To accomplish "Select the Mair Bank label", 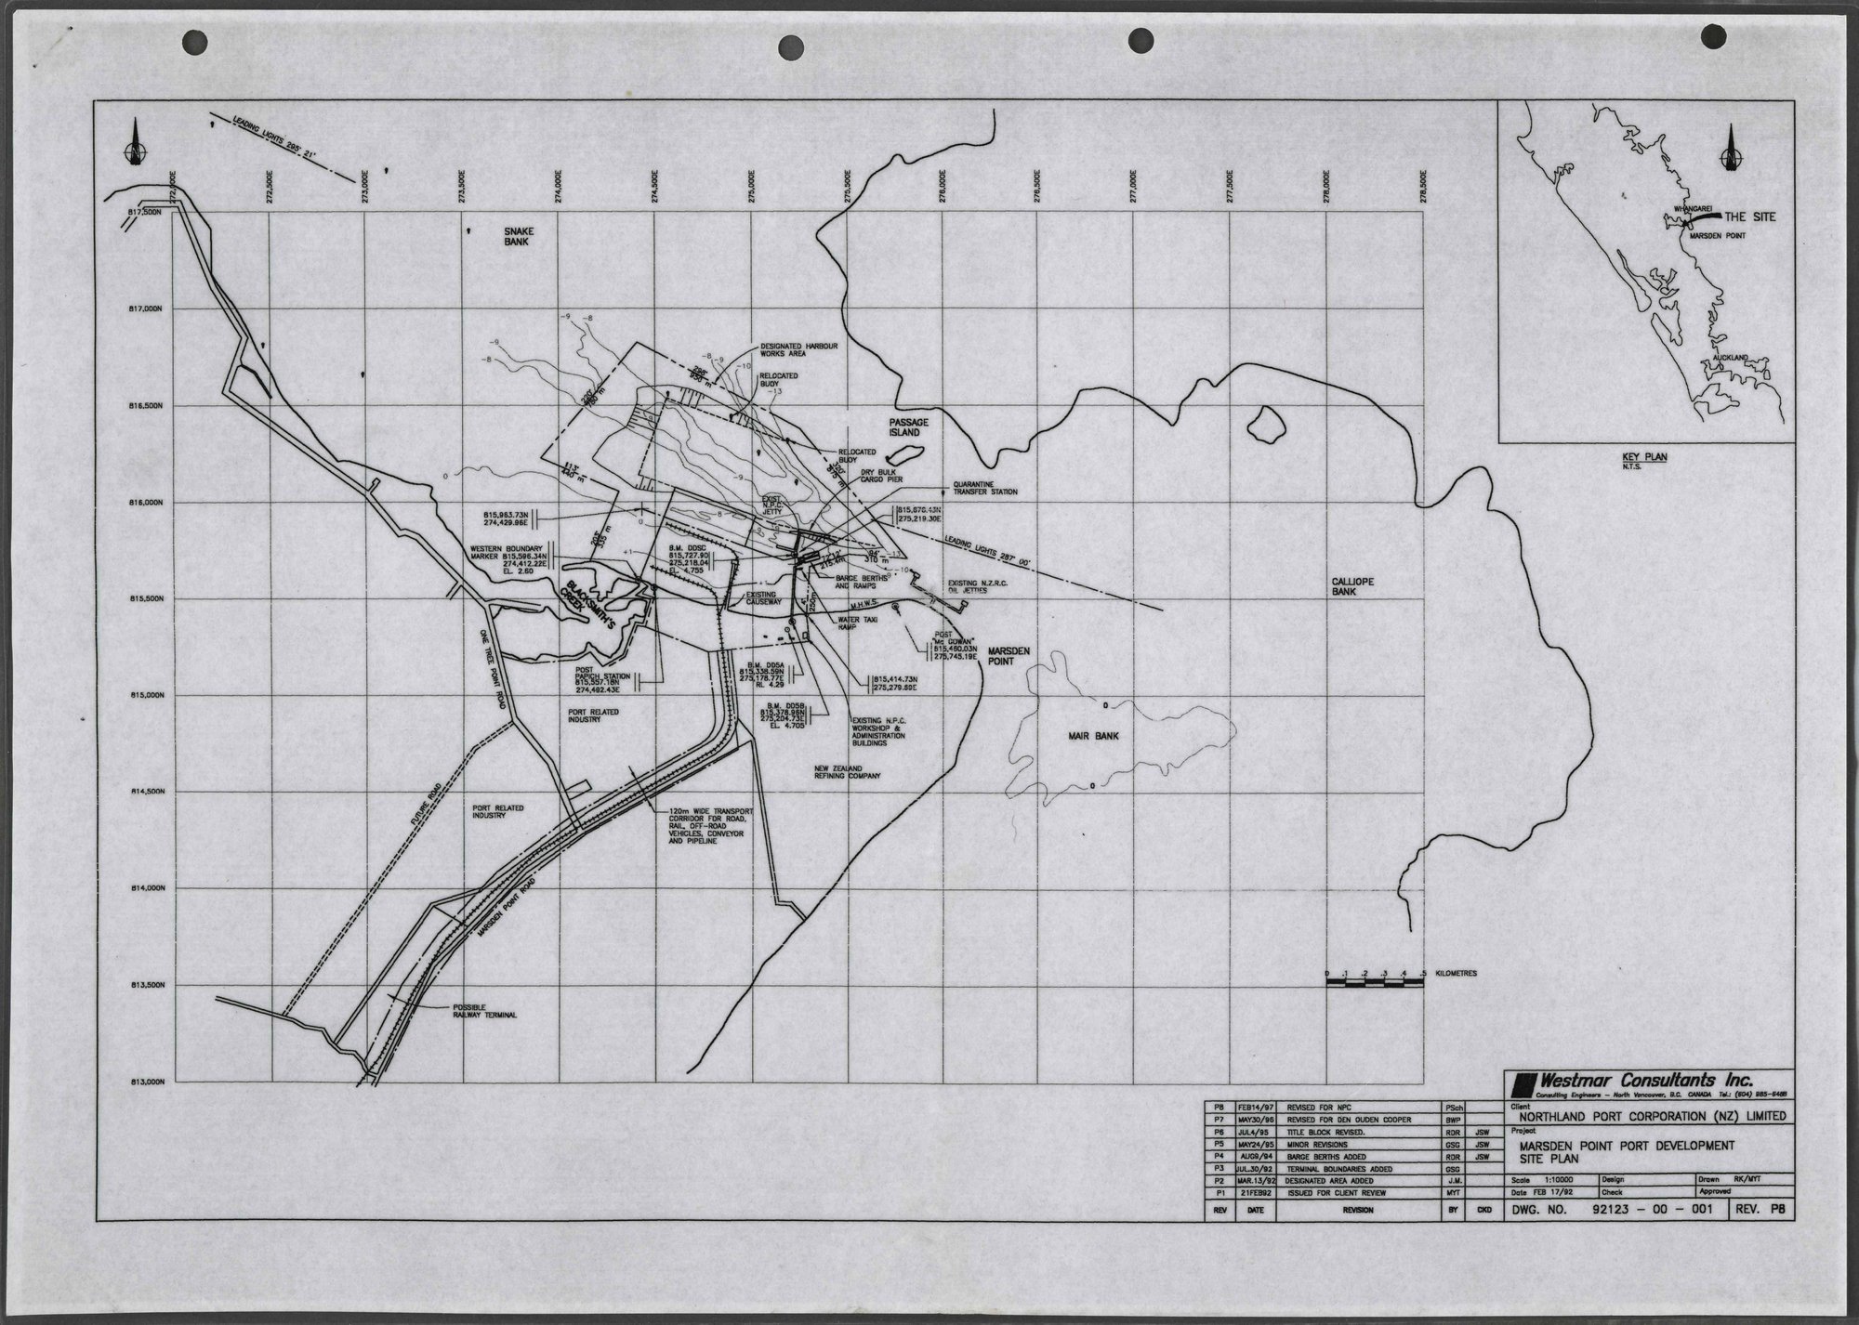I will click(1092, 736).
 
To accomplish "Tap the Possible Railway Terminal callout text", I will click(484, 1012).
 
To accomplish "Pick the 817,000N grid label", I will click(147, 309).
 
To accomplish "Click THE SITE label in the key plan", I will click(1749, 216).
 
